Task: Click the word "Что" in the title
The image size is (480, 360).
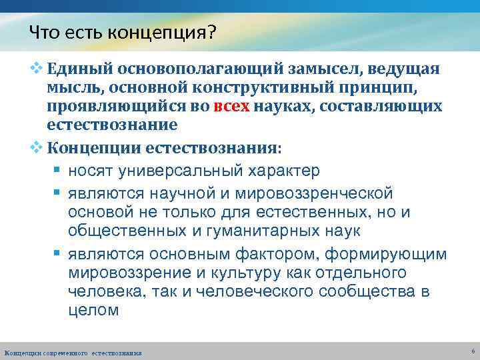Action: click(x=42, y=32)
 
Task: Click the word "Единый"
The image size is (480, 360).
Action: click(x=79, y=70)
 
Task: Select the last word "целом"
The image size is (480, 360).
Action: click(x=93, y=311)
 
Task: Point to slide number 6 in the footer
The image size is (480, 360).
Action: click(x=472, y=351)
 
